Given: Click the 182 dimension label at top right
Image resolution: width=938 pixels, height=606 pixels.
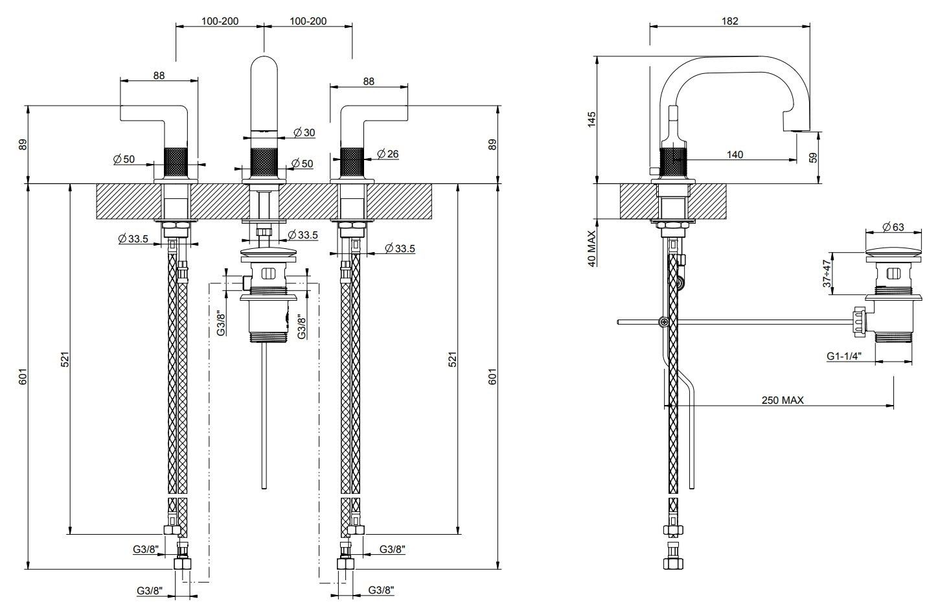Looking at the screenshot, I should coord(729,20).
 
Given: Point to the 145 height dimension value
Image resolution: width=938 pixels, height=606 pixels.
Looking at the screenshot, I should coord(591,121).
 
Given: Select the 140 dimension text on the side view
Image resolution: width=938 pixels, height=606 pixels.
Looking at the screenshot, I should coord(735,154).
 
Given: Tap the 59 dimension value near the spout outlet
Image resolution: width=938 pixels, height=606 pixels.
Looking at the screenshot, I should coord(814,157).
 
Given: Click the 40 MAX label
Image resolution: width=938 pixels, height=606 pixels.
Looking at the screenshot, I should coord(591,246).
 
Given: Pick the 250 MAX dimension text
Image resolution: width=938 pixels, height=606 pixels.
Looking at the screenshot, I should coord(782,400).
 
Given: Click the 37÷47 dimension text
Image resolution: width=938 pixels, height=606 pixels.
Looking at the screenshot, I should coord(826,274).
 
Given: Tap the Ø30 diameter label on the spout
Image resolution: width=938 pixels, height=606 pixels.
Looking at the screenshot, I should coord(304,132).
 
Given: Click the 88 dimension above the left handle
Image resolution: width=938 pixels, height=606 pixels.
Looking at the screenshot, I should coord(159,75).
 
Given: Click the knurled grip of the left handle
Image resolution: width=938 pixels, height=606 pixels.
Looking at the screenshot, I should coord(175,162).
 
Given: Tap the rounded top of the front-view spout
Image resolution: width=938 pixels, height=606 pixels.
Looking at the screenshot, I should coord(264,68).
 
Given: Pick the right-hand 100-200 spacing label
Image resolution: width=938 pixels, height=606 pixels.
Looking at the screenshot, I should coord(308,21).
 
